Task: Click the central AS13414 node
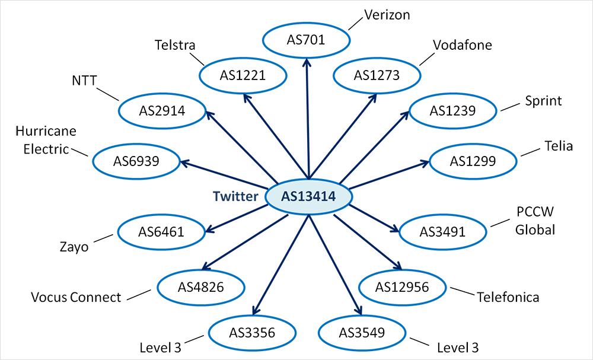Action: (x=309, y=197)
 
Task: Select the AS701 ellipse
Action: (x=306, y=40)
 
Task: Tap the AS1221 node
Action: (x=243, y=75)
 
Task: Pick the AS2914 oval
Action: (x=162, y=110)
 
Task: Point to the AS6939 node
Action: (x=136, y=160)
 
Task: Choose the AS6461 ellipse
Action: (x=161, y=231)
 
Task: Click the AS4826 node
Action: (x=200, y=288)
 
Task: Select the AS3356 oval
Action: (x=251, y=332)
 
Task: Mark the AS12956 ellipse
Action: (x=402, y=288)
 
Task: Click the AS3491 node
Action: (x=442, y=231)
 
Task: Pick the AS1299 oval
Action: (x=473, y=161)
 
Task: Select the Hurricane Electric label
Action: (x=46, y=140)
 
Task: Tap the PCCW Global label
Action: (x=535, y=221)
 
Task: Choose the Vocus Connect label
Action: (x=76, y=297)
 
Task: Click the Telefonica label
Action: (x=508, y=297)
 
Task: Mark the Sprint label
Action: (x=543, y=101)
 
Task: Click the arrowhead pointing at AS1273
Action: (x=374, y=98)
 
